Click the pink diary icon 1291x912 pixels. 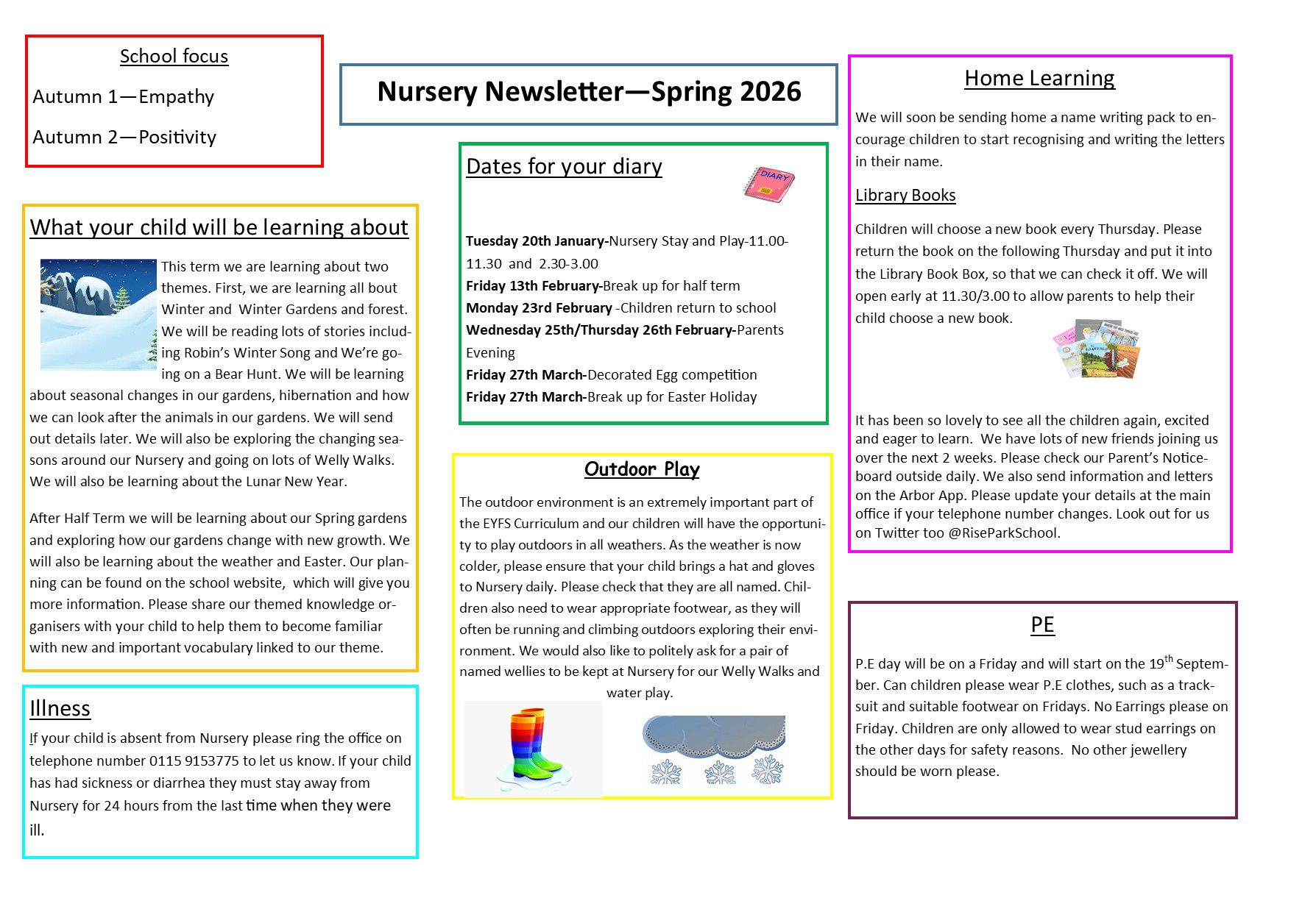coord(769,184)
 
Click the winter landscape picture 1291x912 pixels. coord(99,314)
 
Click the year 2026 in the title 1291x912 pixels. coord(770,92)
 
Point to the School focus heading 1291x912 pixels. coord(174,57)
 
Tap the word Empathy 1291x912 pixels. coord(176,97)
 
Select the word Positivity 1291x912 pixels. coord(177,138)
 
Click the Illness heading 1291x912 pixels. coord(60,708)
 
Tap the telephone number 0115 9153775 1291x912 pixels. coord(194,761)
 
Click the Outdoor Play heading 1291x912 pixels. coord(642,469)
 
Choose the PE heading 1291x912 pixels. coord(1042,624)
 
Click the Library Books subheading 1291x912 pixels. coord(905,196)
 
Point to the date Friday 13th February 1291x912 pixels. coord(532,286)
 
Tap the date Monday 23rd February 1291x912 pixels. coord(539,308)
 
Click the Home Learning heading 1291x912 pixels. coord(1039,78)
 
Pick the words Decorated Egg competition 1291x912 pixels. coord(672,375)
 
